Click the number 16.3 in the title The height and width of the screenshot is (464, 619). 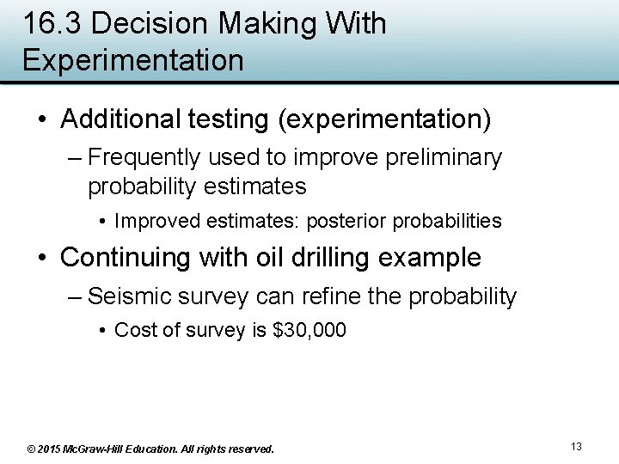[52, 24]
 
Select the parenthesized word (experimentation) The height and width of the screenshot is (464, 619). [384, 119]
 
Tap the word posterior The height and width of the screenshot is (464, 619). [341, 221]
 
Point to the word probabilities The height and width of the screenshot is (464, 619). [447, 221]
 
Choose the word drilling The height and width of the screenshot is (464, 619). [325, 257]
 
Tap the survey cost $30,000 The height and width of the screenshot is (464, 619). [309, 330]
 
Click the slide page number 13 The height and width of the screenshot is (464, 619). [576, 446]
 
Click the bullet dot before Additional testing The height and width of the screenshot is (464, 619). [42, 119]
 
